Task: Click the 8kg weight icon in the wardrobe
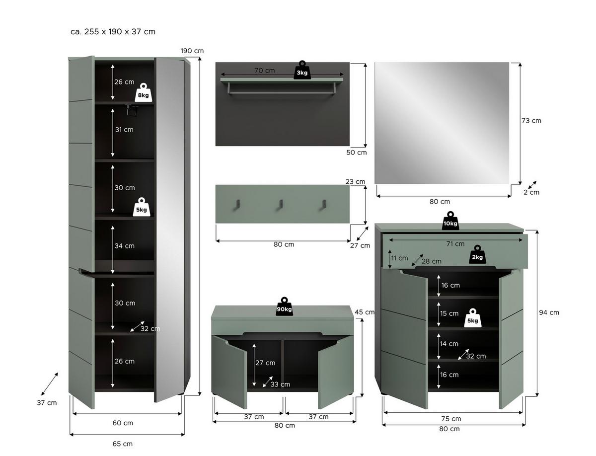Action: coord(143,92)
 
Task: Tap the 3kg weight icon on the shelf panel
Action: coord(302,71)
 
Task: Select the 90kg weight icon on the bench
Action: coord(284,307)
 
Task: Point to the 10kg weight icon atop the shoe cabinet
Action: coord(450,222)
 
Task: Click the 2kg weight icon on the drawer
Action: coord(477,255)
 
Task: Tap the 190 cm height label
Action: coord(192,51)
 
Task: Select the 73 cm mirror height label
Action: coord(532,121)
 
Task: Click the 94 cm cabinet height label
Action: coord(549,312)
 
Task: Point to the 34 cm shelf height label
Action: coord(124,246)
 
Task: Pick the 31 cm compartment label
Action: coord(124,130)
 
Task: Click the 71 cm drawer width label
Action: coord(455,244)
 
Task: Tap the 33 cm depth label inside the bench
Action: coord(280,384)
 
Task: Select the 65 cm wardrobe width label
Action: coord(122,444)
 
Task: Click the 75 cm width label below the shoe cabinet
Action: coord(451,419)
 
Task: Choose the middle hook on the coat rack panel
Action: coord(281,204)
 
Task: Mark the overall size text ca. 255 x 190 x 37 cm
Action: coord(113,32)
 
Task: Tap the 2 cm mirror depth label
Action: coord(531,192)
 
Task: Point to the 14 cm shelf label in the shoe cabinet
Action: coord(449,344)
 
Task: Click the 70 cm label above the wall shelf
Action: coord(264,71)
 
